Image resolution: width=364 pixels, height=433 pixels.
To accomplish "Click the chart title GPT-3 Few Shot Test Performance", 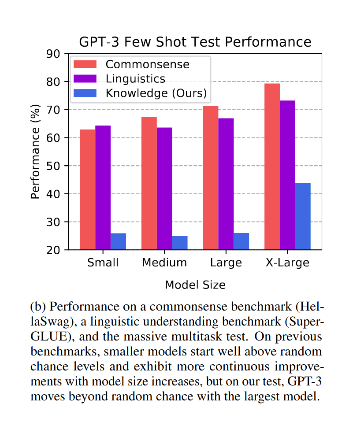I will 195,42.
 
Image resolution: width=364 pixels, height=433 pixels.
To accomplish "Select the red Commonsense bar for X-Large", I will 272,167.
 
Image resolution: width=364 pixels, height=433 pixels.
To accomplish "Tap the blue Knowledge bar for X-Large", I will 303,216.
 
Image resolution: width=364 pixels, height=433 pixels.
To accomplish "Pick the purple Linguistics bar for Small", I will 103,188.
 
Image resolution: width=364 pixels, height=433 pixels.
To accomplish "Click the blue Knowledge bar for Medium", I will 180,243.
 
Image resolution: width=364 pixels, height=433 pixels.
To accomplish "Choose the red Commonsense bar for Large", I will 211,178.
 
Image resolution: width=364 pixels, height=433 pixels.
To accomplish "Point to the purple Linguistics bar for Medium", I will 164,189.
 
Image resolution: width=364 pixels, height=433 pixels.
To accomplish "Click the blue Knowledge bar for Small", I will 118,241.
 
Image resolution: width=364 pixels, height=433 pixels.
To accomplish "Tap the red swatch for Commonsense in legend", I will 85,64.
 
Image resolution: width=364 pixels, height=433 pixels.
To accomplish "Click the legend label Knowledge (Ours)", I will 156,93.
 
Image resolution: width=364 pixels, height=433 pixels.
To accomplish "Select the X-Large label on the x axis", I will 287,263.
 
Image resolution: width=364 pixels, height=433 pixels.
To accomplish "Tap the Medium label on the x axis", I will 164,263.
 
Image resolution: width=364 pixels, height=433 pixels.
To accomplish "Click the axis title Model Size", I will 195,285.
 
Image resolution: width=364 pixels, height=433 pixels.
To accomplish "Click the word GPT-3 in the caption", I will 303,382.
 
